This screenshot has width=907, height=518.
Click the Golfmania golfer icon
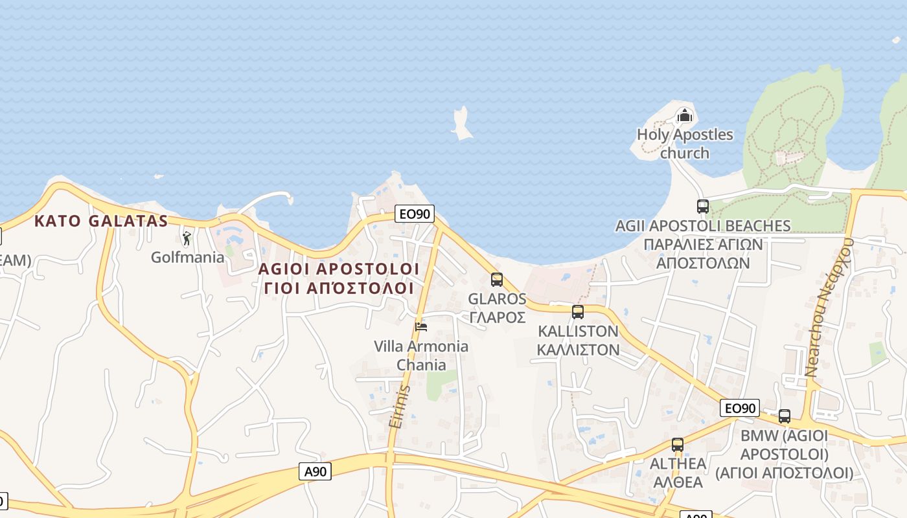pyautogui.click(x=187, y=238)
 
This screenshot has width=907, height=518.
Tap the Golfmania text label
pyautogui.click(x=187, y=257)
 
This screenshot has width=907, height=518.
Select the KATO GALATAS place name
pyautogui.click(x=101, y=221)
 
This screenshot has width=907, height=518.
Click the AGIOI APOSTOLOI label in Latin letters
pyautogui.click(x=339, y=269)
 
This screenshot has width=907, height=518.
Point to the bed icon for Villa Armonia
pyautogui.click(x=421, y=326)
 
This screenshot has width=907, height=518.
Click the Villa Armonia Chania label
pyautogui.click(x=421, y=355)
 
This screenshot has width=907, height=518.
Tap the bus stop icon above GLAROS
pyautogui.click(x=497, y=280)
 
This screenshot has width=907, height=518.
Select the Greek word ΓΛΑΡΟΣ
pyautogui.click(x=497, y=317)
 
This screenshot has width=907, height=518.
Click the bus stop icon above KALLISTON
pyautogui.click(x=578, y=312)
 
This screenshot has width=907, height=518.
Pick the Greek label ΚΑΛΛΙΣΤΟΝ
pyautogui.click(x=579, y=350)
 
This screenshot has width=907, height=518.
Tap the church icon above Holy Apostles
pyautogui.click(x=684, y=117)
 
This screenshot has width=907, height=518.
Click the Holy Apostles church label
pyautogui.click(x=685, y=144)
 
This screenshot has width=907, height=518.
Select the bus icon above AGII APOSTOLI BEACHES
pyautogui.click(x=703, y=207)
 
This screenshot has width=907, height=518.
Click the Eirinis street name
pyautogui.click(x=400, y=407)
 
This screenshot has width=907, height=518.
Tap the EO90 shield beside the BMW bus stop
pyautogui.click(x=739, y=408)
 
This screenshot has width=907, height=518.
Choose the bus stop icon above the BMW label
pyautogui.click(x=785, y=416)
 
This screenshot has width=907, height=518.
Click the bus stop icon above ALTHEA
pyautogui.click(x=678, y=445)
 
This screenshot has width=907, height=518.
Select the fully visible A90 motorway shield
pyautogui.click(x=316, y=471)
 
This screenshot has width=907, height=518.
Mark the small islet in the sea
pyautogui.click(x=461, y=124)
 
